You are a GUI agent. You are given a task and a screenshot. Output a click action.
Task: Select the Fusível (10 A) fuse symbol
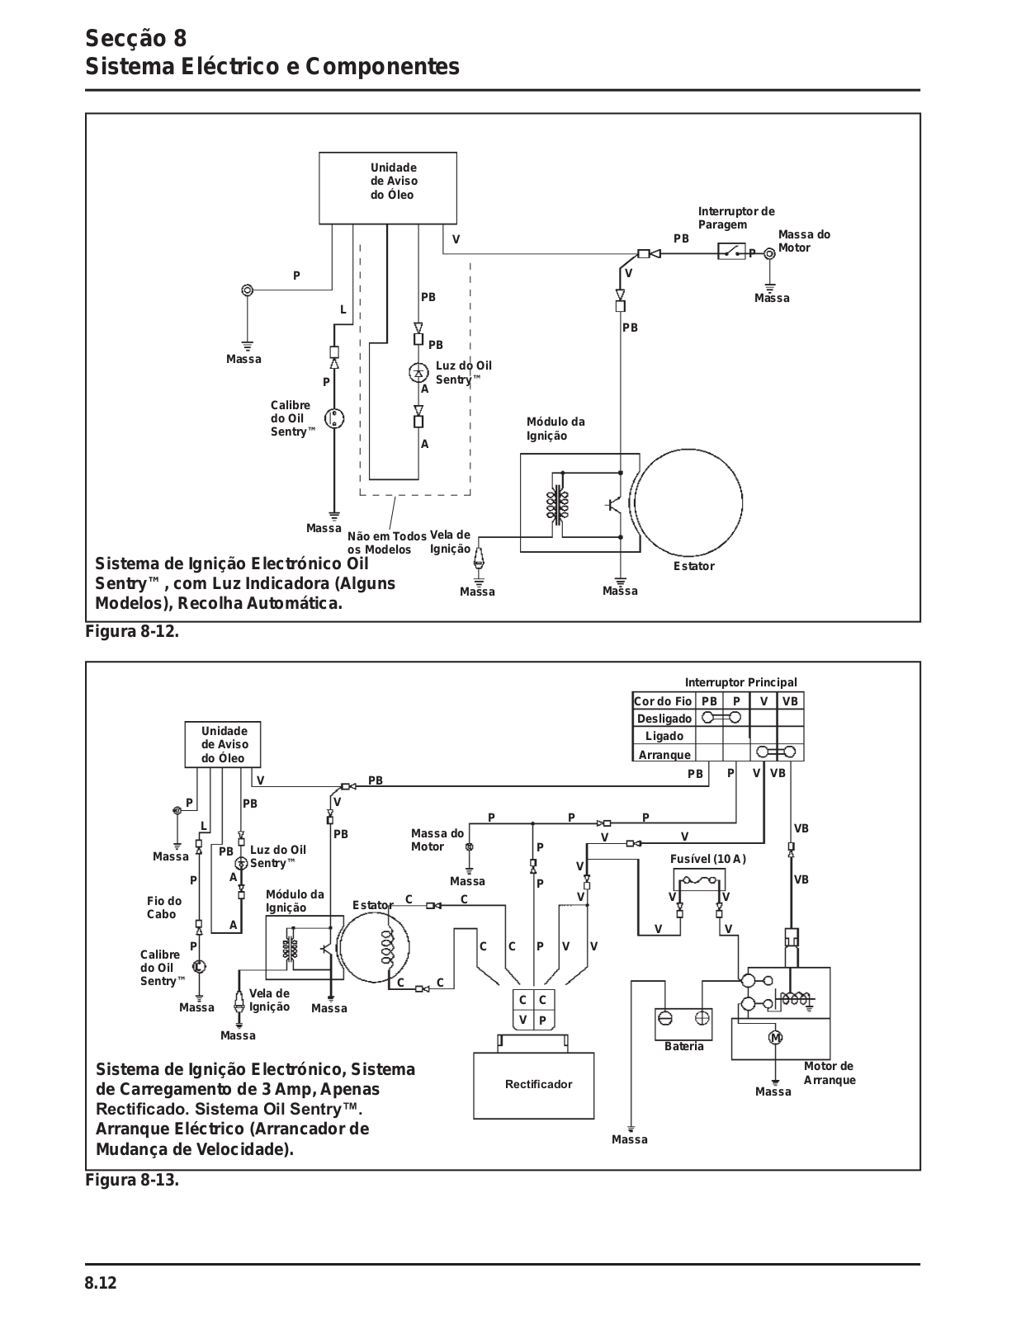point(699,879)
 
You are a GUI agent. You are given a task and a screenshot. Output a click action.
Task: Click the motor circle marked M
point(776,1038)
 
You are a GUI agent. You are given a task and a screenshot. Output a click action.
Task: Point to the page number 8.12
point(101,1283)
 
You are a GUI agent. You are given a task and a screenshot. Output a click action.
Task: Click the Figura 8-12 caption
point(132,632)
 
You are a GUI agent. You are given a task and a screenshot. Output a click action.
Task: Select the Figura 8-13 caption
point(132,1181)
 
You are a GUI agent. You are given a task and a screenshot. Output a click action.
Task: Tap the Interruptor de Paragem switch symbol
point(731,251)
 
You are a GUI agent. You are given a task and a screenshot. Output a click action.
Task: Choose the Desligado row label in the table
point(664,719)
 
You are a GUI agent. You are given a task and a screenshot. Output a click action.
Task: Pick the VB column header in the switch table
point(790,701)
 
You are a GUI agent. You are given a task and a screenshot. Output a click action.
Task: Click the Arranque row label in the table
point(664,755)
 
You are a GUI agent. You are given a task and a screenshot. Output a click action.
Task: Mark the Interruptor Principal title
point(741,683)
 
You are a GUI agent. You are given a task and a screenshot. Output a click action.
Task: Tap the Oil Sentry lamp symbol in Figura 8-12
point(418,372)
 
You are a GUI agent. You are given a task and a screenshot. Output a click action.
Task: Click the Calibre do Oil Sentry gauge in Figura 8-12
point(334,418)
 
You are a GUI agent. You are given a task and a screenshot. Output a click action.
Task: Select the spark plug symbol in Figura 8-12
point(480,556)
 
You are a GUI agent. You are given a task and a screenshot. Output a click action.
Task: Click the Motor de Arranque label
point(830,1072)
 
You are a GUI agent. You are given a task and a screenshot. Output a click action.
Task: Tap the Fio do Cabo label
point(164,907)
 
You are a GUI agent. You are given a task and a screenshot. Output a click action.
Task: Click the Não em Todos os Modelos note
point(387,543)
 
